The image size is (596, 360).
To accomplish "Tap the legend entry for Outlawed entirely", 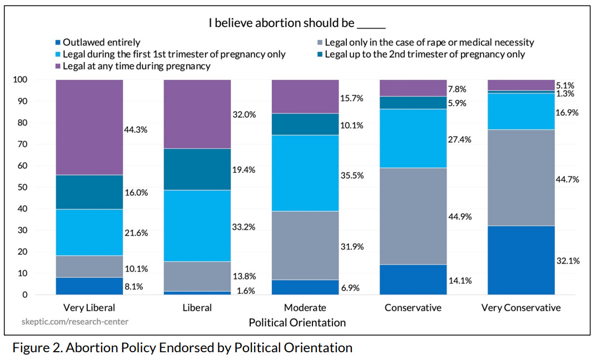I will [101, 42].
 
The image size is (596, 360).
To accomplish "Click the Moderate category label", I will [305, 308].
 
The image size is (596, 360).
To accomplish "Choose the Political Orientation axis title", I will [297, 322].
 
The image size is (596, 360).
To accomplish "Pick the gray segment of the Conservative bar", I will [413, 216].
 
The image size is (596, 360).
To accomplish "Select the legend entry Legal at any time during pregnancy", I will [136, 66].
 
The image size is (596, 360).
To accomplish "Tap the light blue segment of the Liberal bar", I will [197, 226].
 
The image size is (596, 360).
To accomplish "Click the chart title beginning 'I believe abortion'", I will [297, 23].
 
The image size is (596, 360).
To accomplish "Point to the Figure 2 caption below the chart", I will [182, 348].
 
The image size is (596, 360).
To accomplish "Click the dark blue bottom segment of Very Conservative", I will [521, 260].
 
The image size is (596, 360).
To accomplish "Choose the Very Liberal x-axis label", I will [89, 308].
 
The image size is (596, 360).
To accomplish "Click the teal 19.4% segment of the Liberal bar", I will [197, 169].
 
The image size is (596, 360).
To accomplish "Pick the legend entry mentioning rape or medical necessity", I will [429, 42].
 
